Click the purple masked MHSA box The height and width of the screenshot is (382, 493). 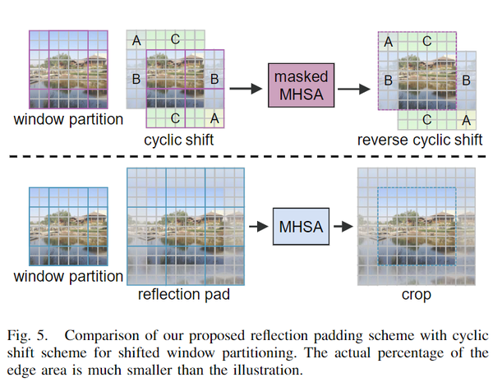301,85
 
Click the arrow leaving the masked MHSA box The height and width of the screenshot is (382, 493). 355,85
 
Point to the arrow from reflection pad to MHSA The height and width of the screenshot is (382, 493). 259,224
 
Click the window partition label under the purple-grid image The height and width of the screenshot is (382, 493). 68,120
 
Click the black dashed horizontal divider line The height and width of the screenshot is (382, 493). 246,155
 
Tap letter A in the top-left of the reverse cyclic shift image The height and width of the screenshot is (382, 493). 389,41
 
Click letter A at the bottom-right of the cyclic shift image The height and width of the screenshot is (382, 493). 214,119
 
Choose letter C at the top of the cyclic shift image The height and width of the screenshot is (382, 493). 176,39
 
